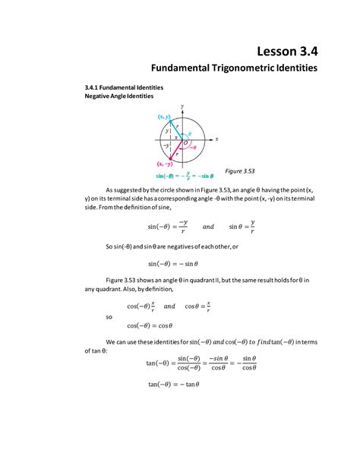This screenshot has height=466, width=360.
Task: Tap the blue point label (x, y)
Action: pos(163,116)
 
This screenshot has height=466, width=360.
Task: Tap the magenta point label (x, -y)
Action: pos(164,163)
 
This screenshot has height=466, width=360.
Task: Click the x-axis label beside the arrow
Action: pos(216,139)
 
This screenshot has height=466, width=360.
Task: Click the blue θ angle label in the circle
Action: pos(190,133)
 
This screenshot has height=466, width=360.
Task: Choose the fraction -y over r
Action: pos(183,226)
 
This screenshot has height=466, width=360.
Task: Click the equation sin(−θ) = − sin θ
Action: pos(173,264)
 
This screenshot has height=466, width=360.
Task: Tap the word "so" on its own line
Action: pos(109,316)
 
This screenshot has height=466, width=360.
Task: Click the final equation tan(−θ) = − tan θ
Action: pos(173,384)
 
